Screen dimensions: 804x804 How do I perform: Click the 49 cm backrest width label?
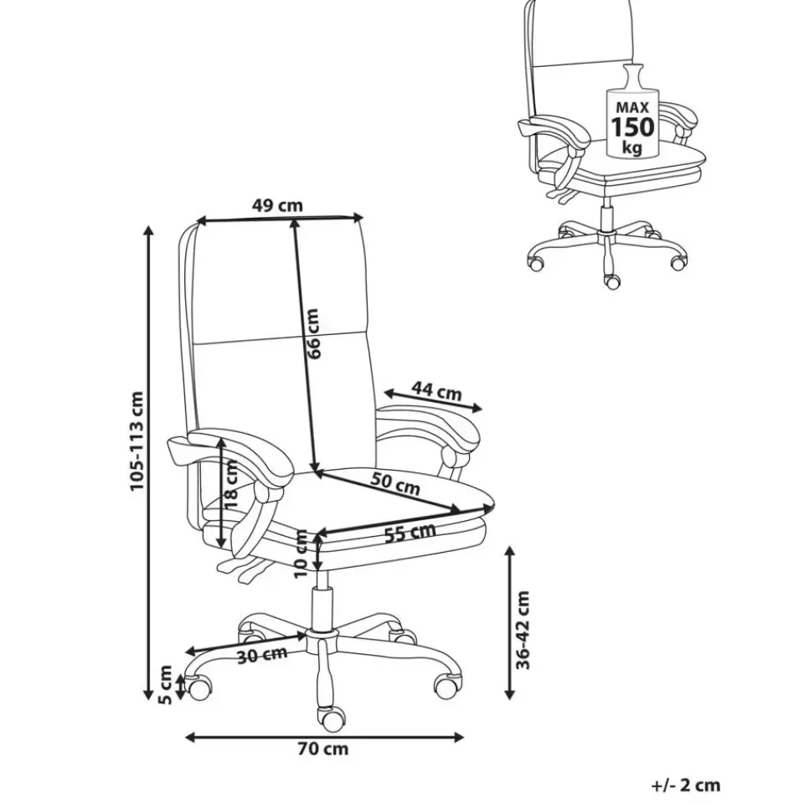(277, 206)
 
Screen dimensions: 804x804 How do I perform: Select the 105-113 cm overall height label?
(137, 441)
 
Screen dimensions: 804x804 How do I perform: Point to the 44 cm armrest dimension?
(437, 391)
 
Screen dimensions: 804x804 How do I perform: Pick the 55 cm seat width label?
(410, 533)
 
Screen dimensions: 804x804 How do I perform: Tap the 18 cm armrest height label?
(230, 484)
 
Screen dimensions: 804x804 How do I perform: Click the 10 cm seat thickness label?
(301, 554)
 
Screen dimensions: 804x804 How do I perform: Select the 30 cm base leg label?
(262, 655)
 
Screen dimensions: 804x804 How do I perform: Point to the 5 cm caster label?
(165, 684)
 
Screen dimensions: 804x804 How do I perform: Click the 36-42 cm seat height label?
(523, 630)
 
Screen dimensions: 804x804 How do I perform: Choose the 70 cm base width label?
(323, 749)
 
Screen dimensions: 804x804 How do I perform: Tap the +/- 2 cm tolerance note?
(686, 785)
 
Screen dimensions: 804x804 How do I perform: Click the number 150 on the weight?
(632, 126)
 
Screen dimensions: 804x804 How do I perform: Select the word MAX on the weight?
(632, 108)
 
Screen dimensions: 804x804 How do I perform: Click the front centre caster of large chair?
(332, 719)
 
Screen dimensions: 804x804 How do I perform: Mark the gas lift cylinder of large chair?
(323, 608)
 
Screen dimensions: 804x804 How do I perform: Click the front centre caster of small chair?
(612, 281)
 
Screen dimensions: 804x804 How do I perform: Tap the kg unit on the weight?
(631, 147)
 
